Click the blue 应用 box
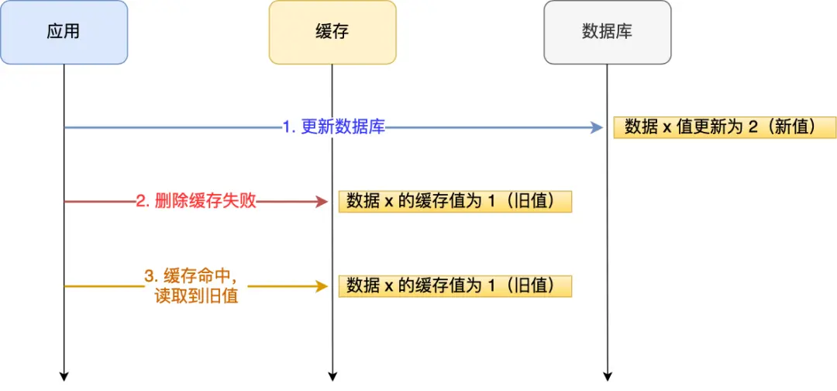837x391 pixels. pos(64,32)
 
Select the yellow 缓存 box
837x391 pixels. pos(332,32)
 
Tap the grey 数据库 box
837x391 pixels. pos(607,32)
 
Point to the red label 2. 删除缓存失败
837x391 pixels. pos(196,202)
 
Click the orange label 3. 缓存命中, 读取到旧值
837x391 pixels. pos(196,285)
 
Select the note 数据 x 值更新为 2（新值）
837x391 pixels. pos(725,127)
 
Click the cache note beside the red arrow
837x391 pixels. pos(455,201)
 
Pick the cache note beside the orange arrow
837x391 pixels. pos(455,285)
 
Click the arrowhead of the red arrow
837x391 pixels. pos(322,202)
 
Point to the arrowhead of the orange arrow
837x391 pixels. pos(322,285)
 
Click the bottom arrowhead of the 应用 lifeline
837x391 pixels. pos(64,375)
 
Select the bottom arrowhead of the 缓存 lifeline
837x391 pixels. pos(332,375)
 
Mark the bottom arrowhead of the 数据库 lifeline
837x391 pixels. pos(607,375)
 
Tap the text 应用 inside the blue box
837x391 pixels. pos(64,32)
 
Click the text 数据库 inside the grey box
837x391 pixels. pos(607,32)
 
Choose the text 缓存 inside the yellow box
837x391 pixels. pos(332,32)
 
